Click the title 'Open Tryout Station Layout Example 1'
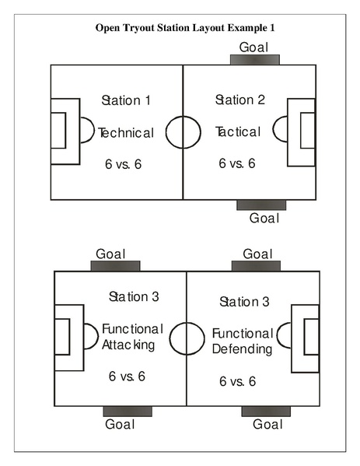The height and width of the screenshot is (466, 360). tap(185, 27)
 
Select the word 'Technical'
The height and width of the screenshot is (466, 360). tap(127, 132)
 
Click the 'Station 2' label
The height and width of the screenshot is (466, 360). tap(240, 100)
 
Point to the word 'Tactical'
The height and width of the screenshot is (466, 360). tap(238, 131)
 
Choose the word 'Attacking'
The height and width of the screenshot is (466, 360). tap(129, 344)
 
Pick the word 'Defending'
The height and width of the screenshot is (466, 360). tap(243, 349)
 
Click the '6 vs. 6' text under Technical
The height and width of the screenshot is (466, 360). tap(124, 164)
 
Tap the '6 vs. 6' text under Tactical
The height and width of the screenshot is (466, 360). tap(237, 163)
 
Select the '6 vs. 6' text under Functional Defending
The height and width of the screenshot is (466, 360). tap(238, 381)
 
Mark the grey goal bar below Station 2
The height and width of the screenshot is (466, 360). tap(261, 205)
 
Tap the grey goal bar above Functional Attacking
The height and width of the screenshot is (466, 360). tap(115, 265)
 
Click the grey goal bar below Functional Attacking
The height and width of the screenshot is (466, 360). tap(127, 411)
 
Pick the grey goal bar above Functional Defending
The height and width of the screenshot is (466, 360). tap(257, 265)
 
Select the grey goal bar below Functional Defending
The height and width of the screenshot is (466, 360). tap(266, 411)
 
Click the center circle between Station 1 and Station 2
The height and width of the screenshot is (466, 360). tap(183, 130)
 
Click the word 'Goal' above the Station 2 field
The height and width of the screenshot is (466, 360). tap(253, 47)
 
